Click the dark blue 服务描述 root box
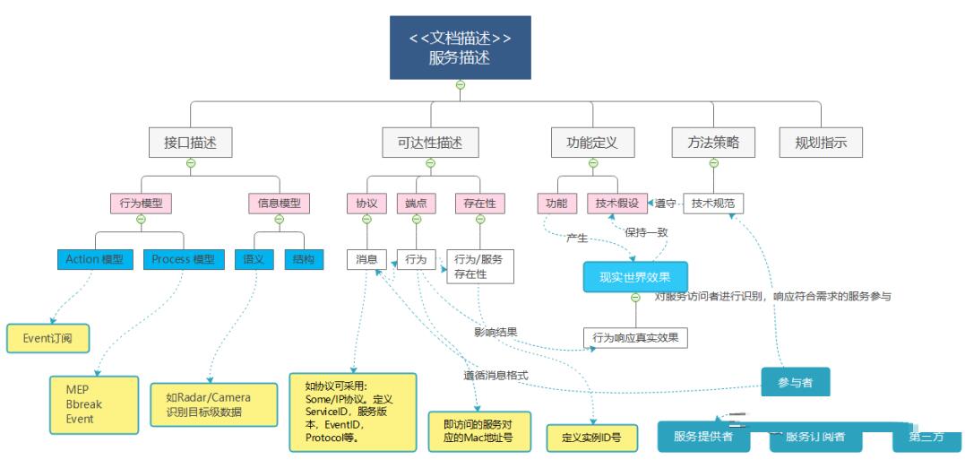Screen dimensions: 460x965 tap(460, 48)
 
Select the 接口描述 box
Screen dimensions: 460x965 tap(191, 142)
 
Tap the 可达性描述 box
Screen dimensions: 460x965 tap(430, 142)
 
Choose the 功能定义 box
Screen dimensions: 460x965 tap(592, 142)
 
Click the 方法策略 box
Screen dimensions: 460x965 tap(713, 142)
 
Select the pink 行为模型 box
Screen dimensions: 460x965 tap(141, 204)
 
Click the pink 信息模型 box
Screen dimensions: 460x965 tap(279, 204)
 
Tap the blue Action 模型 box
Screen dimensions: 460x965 tap(94, 259)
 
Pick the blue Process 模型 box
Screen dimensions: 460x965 tap(183, 259)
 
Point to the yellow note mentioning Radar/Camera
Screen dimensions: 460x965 tap(209, 404)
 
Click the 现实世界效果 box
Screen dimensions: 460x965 tap(635, 277)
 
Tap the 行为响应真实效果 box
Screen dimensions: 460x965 tap(636, 338)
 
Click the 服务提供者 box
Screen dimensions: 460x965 tap(703, 437)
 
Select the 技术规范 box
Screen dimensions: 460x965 tap(713, 204)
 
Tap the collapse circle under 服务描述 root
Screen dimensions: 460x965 tap(461, 85)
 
